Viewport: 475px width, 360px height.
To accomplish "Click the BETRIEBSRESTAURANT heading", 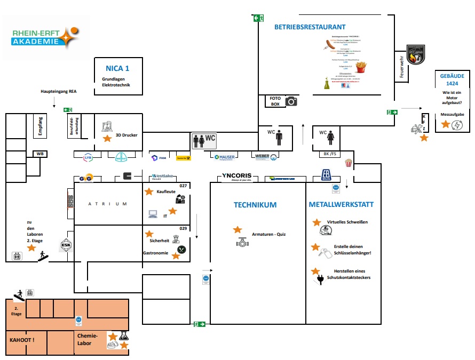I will tap(310, 27).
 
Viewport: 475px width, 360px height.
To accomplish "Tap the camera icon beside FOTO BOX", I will tap(291, 101).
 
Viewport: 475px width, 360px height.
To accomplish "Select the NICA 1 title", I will tap(117, 68).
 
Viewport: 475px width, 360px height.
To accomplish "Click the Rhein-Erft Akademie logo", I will tap(45, 38).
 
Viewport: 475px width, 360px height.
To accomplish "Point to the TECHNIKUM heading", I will tap(255, 205).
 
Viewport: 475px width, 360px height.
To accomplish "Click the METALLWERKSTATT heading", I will tap(341, 205).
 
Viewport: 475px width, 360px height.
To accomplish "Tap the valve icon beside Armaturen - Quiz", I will tap(242, 242).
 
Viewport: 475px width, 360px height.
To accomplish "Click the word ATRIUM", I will tap(108, 204).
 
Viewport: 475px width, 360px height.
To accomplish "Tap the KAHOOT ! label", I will tap(22, 340).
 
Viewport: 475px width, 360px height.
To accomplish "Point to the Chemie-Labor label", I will tap(88, 340).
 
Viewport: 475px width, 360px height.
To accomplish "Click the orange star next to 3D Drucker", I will tap(107, 139).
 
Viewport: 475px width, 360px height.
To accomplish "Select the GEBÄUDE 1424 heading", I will tap(452, 79).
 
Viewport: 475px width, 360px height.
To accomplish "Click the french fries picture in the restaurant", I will tap(361, 67).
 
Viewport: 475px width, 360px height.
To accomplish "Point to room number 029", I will tap(183, 228).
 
